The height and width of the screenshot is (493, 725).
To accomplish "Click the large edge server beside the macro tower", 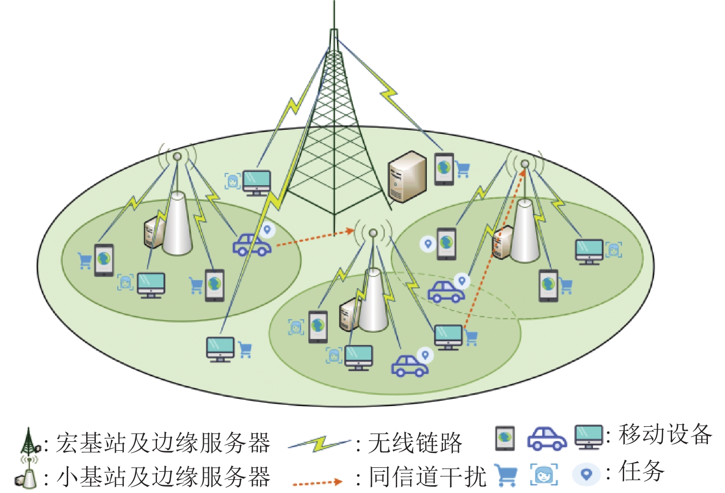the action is [x=407, y=177].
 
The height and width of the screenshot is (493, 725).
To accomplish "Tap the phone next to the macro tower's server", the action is [x=444, y=169].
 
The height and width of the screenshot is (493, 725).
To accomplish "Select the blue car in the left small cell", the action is [x=252, y=245].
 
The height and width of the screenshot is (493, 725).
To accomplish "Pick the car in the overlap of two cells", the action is [x=446, y=292].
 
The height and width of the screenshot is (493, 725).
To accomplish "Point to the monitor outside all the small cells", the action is [x=220, y=350].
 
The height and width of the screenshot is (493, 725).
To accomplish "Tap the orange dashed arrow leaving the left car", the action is [x=314, y=238].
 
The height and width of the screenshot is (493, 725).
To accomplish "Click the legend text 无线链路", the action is [x=415, y=443].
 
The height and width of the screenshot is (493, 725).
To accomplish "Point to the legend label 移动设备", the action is [x=666, y=435].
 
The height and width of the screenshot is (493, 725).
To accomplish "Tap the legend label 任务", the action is [x=642, y=471].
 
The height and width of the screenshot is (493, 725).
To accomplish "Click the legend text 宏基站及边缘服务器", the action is [x=163, y=443].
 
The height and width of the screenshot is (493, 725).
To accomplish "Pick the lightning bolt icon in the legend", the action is [x=319, y=443].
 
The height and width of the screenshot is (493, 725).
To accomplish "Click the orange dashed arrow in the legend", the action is [x=318, y=483].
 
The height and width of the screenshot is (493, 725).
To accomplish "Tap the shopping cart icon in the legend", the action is [x=505, y=475].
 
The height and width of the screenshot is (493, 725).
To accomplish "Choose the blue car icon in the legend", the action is [x=547, y=439].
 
